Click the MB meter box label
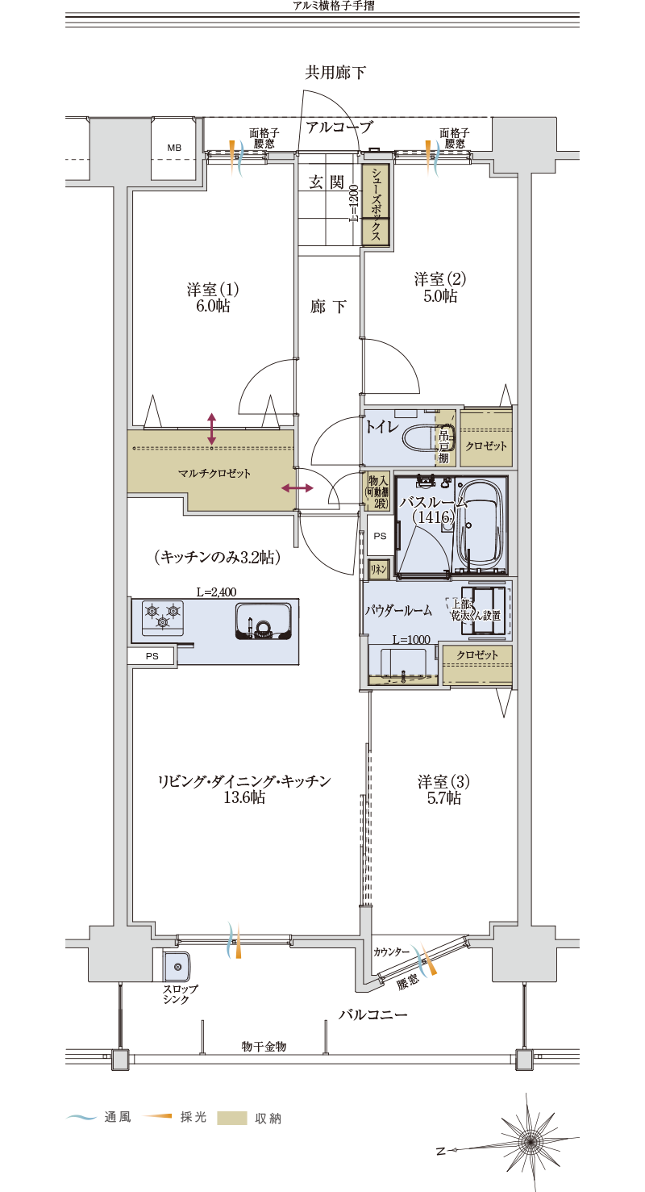pyautogui.click(x=174, y=148)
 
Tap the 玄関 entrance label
pyautogui.click(x=327, y=182)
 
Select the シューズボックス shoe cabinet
pyautogui.click(x=376, y=205)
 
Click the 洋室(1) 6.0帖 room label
pyautogui.click(x=213, y=298)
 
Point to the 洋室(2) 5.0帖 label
pyautogui.click(x=440, y=287)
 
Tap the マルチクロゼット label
pyautogui.click(x=214, y=473)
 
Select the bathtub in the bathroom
pyautogui.click(x=479, y=525)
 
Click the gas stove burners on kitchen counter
pyautogui.click(x=163, y=615)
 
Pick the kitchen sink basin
pyautogui.click(x=263, y=621)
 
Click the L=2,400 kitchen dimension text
pyautogui.click(x=216, y=592)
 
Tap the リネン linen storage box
pyautogui.click(x=379, y=569)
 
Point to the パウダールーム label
pyautogui.click(x=398, y=610)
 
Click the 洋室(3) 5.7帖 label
pyautogui.click(x=444, y=790)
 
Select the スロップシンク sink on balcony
pyautogui.click(x=177, y=966)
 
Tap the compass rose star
pyautogui.click(x=529, y=1143)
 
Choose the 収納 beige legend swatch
pyautogui.click(x=232, y=1118)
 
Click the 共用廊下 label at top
pyautogui.click(x=335, y=73)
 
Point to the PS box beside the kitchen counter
pyautogui.click(x=152, y=656)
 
